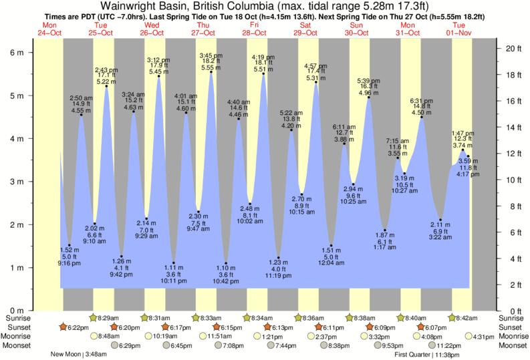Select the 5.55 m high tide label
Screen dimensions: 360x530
tap(211, 67)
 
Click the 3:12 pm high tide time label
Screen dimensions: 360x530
tap(158, 60)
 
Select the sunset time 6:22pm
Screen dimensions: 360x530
tap(78, 327)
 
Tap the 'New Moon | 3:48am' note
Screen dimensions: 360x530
tap(78, 355)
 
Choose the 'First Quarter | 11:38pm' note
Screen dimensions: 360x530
tap(428, 355)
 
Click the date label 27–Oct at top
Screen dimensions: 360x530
tap(203, 33)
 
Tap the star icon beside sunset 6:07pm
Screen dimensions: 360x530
tap(421, 327)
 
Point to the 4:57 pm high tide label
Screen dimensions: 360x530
tap(315, 66)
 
